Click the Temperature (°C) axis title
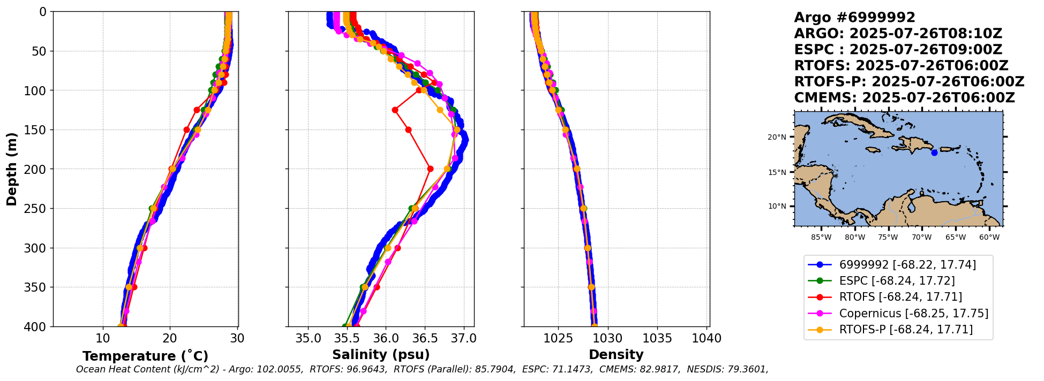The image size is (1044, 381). point(145,356)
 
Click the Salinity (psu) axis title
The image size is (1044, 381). point(381,355)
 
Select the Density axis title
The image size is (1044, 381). point(616,355)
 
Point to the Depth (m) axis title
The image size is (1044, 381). point(12,169)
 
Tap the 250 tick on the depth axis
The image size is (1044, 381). point(37,209)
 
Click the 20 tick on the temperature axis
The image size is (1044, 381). point(170,338)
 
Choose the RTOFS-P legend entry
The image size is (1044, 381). point(905,329)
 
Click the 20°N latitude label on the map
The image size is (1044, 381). point(777,138)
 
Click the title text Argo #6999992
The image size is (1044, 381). point(854,18)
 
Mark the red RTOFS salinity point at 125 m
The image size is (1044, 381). point(395,110)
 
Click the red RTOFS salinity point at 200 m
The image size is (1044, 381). point(430,169)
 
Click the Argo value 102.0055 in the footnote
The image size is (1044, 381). point(281,369)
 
